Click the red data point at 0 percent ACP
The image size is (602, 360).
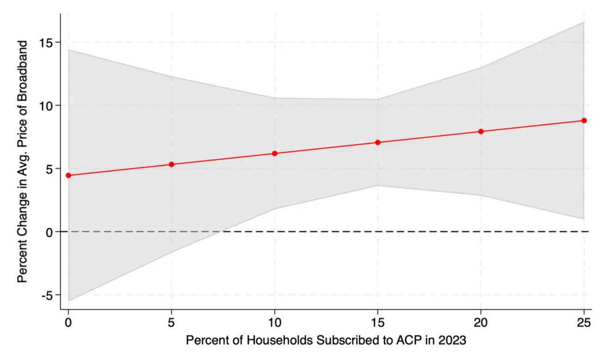[x=68, y=175]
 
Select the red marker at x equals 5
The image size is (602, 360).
[x=171, y=164]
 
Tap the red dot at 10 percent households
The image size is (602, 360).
[x=275, y=153]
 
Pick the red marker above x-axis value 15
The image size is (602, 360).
[x=377, y=142]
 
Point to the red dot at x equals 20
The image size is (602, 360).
[x=481, y=131]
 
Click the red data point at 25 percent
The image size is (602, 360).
[x=584, y=120]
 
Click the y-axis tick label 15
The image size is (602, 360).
[x=46, y=43]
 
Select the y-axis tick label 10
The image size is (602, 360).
[x=46, y=106]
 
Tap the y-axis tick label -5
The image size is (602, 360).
[x=47, y=296]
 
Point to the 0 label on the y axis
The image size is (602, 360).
[x=49, y=232]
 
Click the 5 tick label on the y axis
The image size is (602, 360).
[x=49, y=169]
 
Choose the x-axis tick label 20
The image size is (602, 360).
[x=481, y=323]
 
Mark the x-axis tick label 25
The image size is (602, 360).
[x=584, y=323]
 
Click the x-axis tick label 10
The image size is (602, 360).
[x=275, y=323]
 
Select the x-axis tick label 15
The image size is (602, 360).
[x=377, y=323]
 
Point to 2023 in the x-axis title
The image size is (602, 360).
[x=452, y=341]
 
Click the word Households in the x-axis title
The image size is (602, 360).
[x=280, y=341]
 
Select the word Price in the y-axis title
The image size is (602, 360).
[x=22, y=135]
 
